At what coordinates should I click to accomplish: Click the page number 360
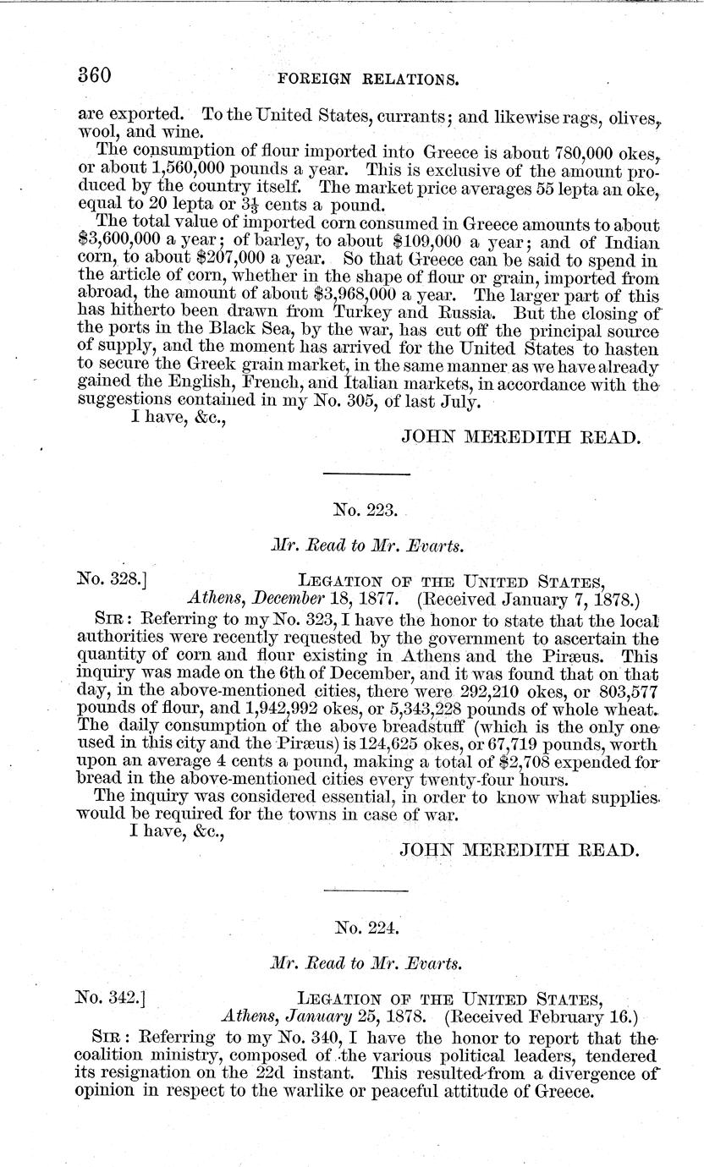(94, 75)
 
